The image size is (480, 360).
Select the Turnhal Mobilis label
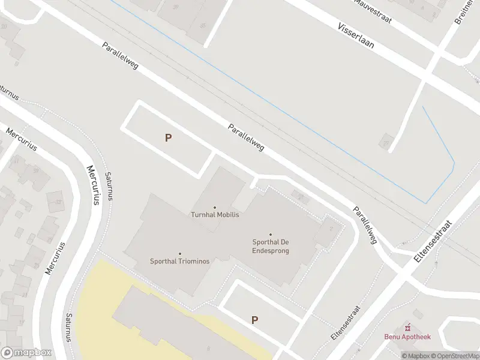tap(215, 214)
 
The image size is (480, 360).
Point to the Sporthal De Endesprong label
tap(271, 246)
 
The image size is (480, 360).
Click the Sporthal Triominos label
tap(179, 261)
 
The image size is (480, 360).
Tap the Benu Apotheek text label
tap(407, 337)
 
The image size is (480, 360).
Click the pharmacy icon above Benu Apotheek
tap(408, 327)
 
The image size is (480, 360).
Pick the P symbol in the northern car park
tap(169, 137)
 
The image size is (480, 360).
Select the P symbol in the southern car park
tap(254, 320)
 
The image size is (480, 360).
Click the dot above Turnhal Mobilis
tap(215, 208)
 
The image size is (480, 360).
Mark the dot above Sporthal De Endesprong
tap(271, 235)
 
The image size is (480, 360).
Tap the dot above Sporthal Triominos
tap(179, 254)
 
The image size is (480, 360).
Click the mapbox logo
tap(26, 353)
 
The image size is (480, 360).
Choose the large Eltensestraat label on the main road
tap(433, 241)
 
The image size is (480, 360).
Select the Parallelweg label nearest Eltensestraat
tap(365, 225)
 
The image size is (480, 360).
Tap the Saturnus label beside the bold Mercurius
tap(109, 186)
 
